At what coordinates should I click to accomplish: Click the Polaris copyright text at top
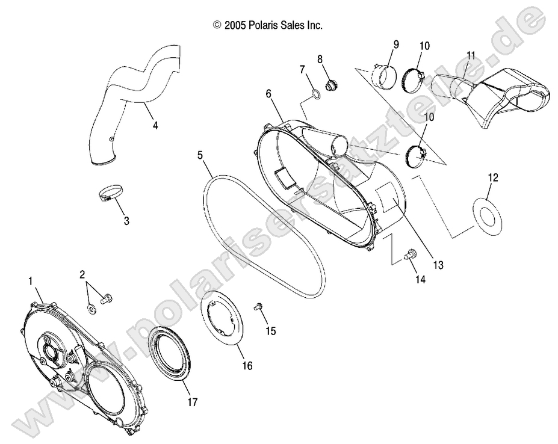(268, 25)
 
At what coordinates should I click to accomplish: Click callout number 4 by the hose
(155, 126)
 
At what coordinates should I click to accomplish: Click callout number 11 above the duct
(471, 55)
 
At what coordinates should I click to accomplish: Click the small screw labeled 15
(259, 307)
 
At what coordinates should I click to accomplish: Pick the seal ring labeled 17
(172, 356)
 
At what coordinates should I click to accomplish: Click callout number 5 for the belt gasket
(199, 155)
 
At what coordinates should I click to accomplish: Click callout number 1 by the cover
(30, 280)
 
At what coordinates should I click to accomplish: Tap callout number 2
(82, 275)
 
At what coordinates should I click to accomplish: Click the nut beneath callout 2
(91, 308)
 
